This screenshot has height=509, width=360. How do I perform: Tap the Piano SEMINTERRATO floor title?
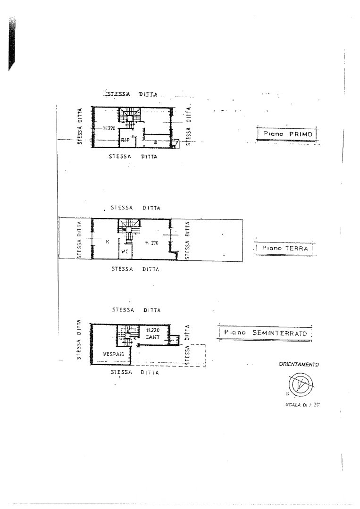[x=265, y=333]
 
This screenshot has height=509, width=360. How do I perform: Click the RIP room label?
[x=125, y=140]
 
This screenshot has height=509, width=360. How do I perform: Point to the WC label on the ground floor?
[x=125, y=251]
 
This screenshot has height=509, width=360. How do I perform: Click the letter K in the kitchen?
[x=108, y=242]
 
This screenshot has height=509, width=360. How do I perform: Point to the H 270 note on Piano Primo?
[x=109, y=128]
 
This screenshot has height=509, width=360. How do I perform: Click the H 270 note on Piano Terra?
[x=151, y=242]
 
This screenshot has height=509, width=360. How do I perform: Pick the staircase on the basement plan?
[x=126, y=335]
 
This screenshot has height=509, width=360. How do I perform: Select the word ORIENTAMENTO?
[x=299, y=364]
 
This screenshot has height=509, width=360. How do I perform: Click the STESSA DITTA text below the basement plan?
[x=135, y=372]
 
